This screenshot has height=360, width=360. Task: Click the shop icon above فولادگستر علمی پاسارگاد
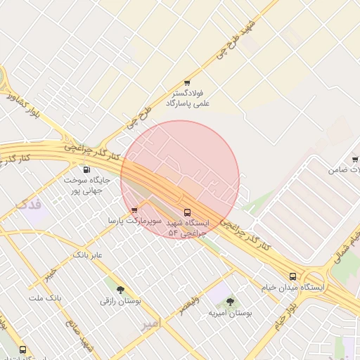click(187, 83)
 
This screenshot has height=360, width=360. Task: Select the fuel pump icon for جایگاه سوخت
click(86, 169)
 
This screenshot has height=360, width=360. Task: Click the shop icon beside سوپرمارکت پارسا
click(134, 210)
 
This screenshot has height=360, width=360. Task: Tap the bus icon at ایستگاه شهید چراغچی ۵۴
click(187, 212)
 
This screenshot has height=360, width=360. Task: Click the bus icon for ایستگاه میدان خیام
click(293, 276)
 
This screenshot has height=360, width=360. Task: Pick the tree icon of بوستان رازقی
click(120, 289)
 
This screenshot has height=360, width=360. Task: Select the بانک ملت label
click(46, 297)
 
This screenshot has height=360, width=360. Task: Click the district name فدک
click(29, 205)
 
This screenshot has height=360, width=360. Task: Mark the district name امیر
click(150, 323)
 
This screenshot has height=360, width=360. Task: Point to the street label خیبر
click(49, 275)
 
